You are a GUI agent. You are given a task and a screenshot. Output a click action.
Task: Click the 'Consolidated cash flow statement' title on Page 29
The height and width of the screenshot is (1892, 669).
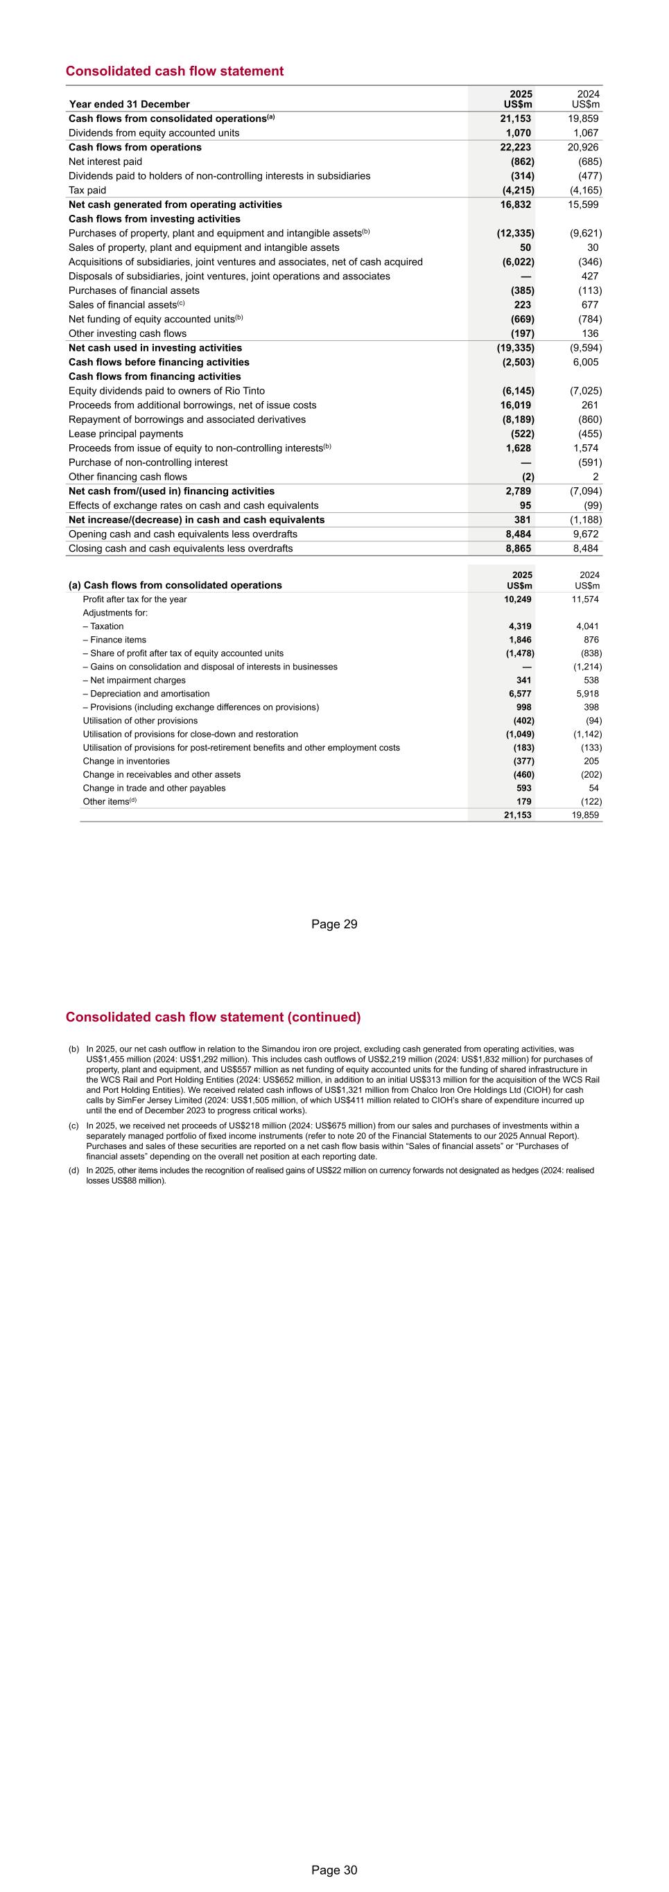click(x=174, y=71)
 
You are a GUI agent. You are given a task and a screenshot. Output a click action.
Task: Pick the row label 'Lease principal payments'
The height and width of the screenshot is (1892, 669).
click(x=125, y=434)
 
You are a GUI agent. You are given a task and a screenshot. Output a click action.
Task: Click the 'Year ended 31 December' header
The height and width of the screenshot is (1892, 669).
click(x=128, y=104)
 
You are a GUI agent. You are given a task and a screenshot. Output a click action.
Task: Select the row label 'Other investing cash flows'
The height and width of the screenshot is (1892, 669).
click(x=127, y=333)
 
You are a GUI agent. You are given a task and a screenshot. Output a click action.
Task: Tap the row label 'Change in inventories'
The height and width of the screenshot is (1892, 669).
click(x=125, y=761)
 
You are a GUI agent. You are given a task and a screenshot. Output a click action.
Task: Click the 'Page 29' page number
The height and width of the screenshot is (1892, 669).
click(x=334, y=924)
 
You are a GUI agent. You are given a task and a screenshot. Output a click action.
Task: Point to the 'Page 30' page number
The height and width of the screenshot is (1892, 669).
click(x=334, y=1870)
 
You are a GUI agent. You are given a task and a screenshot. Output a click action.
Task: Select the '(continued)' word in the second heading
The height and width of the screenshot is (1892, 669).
click(x=324, y=1017)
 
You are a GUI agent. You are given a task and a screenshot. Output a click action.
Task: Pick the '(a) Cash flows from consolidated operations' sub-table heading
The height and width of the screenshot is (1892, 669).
click(x=175, y=586)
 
